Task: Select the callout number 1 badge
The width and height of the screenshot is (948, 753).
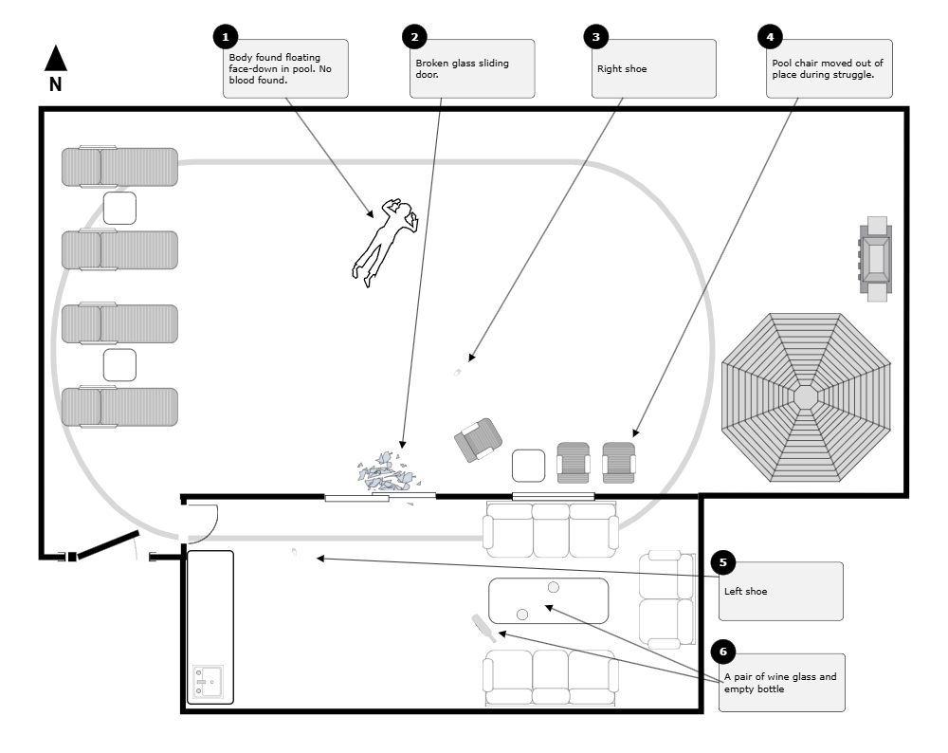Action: (226, 38)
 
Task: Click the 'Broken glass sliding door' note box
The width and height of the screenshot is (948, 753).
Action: (472, 68)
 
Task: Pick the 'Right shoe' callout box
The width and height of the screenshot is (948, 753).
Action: (654, 68)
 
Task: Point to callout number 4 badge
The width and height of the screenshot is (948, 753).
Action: (770, 38)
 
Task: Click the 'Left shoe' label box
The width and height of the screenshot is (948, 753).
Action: (780, 591)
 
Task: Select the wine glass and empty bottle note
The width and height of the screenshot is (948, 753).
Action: (781, 683)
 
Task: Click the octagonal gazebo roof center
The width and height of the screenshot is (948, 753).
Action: (805, 396)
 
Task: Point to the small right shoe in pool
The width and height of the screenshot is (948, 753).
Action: (457, 373)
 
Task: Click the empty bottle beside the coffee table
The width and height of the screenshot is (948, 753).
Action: (483, 628)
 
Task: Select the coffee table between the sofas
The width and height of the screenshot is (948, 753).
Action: (548, 600)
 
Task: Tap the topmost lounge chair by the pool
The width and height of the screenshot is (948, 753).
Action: (119, 167)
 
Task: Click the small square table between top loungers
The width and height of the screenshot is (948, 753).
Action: (119, 208)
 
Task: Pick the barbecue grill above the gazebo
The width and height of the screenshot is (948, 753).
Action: (876, 258)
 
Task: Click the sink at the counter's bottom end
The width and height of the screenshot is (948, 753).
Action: (207, 682)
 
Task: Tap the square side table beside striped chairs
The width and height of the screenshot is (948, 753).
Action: (528, 466)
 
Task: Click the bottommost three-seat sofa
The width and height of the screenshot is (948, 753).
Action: (550, 677)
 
